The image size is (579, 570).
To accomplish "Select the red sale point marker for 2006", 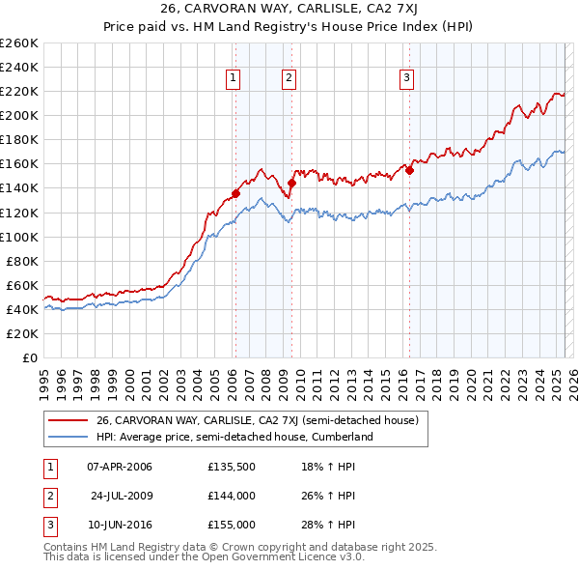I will click(x=235, y=193).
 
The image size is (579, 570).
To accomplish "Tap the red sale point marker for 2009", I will click(x=291, y=183).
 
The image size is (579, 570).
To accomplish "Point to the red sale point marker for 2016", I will click(x=409, y=170).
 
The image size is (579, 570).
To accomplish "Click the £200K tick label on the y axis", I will click(x=19, y=115).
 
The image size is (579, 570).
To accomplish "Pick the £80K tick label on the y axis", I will click(x=23, y=261).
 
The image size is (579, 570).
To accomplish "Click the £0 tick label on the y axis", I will click(x=30, y=357).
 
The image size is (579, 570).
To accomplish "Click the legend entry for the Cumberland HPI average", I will click(x=234, y=437).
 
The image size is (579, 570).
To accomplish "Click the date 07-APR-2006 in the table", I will click(x=120, y=468).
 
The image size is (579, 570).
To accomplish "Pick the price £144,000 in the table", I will click(x=232, y=496).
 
